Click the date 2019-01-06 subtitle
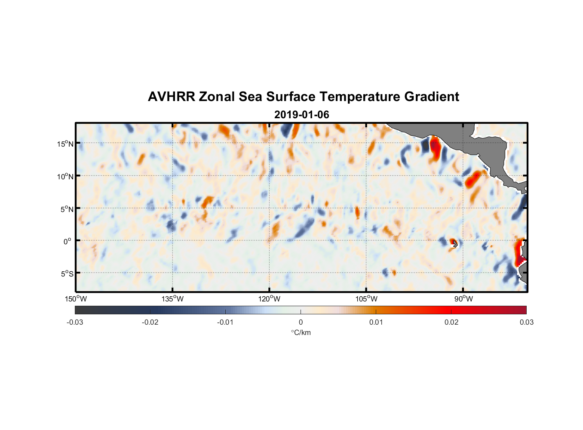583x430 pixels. (x=301, y=115)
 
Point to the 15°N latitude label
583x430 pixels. (x=65, y=144)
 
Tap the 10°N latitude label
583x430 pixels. (x=65, y=176)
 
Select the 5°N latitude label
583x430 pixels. (x=65, y=209)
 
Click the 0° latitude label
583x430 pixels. (x=67, y=241)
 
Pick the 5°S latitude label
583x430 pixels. (x=66, y=274)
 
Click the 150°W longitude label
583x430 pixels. (x=76, y=299)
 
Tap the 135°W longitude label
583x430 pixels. (x=173, y=299)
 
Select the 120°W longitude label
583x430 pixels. (x=270, y=299)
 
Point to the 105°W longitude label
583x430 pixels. (x=366, y=299)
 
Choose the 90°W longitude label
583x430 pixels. (x=463, y=299)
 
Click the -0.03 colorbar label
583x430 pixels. (x=75, y=322)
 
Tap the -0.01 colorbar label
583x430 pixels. (x=225, y=322)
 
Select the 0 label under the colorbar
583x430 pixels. (x=301, y=322)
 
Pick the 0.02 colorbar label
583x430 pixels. (x=451, y=322)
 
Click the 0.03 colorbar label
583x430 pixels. (x=526, y=322)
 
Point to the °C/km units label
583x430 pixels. (x=301, y=332)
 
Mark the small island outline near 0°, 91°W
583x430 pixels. (x=455, y=244)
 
